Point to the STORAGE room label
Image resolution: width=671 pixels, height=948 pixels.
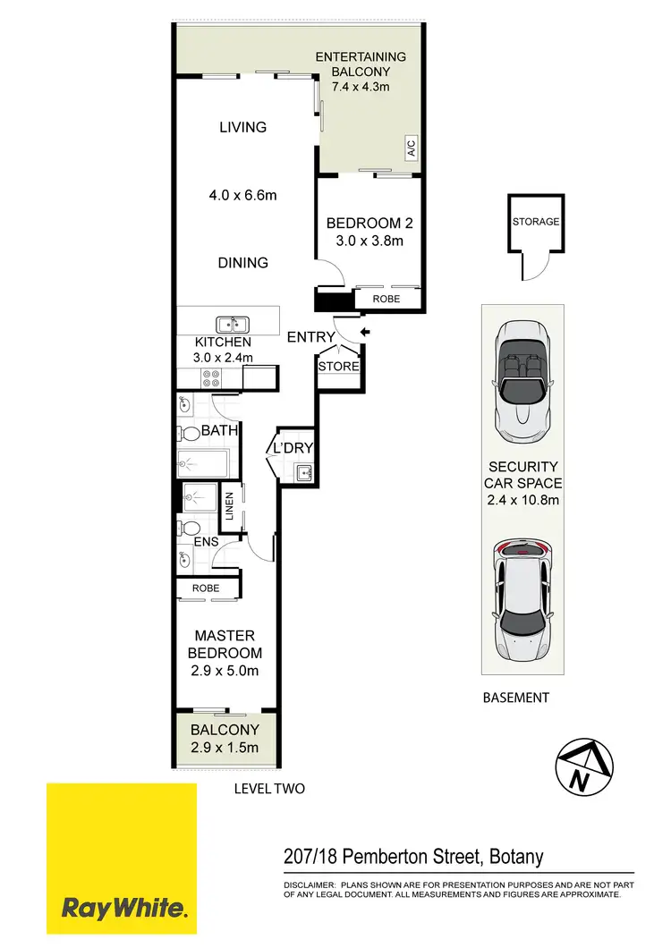pyautogui.click(x=536, y=222)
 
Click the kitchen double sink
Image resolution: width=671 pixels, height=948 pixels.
pyautogui.click(x=231, y=325)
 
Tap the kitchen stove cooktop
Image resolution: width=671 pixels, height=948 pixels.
pyautogui.click(x=210, y=377)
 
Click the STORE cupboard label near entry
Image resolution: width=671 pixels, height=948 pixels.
pyautogui.click(x=338, y=367)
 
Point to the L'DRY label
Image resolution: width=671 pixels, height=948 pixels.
pyautogui.click(x=293, y=448)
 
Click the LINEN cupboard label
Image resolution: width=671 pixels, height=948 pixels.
pyautogui.click(x=230, y=507)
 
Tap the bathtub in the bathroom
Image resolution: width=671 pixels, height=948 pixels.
pyautogui.click(x=204, y=463)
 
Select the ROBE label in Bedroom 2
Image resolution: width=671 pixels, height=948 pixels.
pyautogui.click(x=386, y=300)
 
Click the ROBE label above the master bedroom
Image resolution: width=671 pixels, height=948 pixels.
pyautogui.click(x=206, y=589)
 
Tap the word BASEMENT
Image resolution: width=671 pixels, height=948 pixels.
pyautogui.click(x=515, y=698)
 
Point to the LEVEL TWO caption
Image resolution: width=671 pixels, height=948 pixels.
pyautogui.click(x=269, y=789)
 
